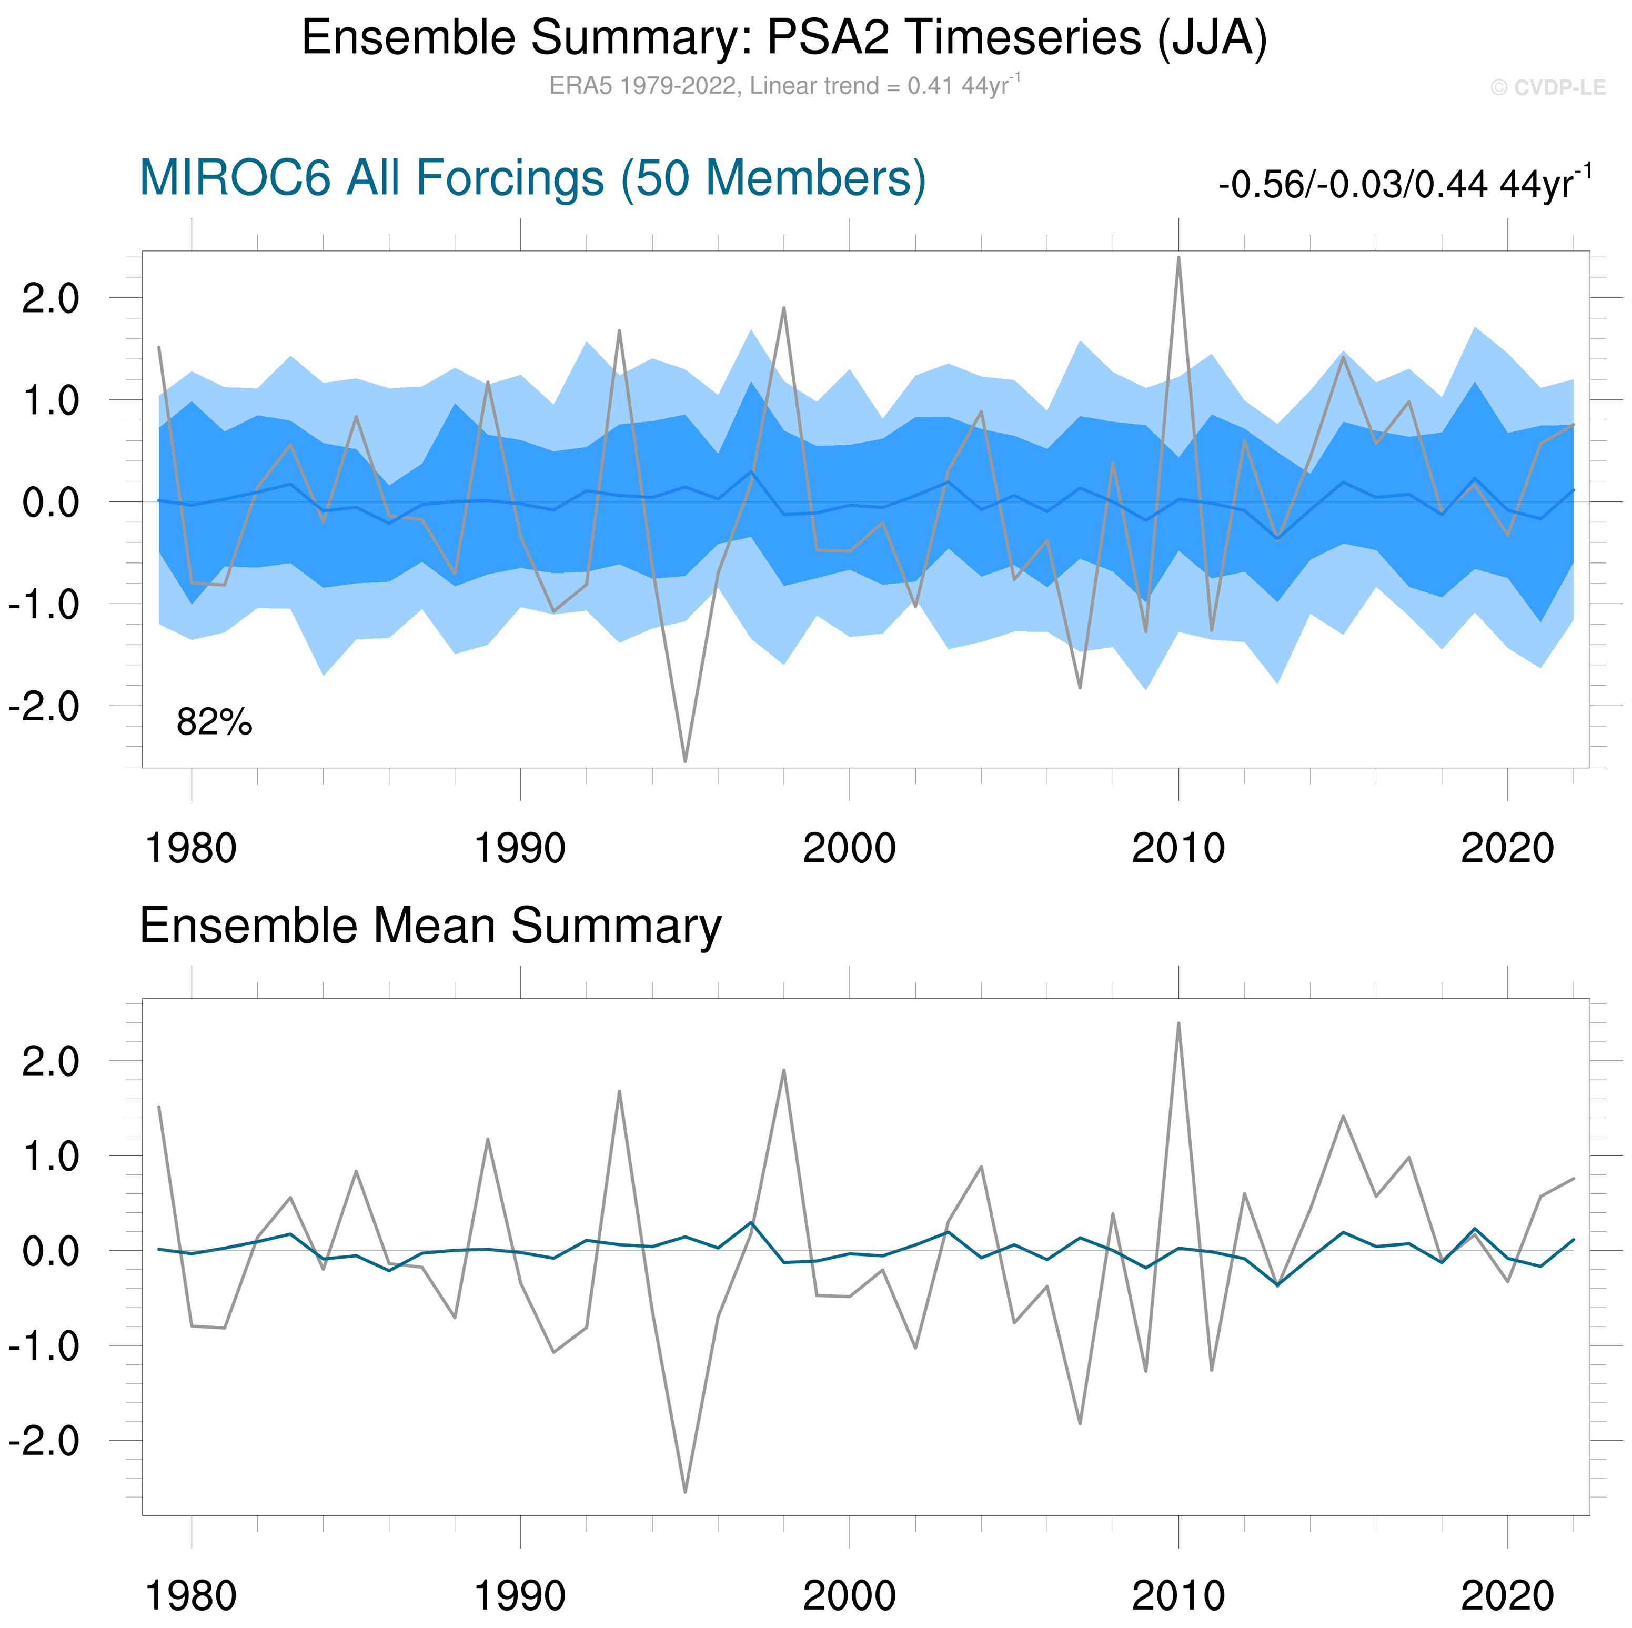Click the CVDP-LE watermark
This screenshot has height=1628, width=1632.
(x=1547, y=88)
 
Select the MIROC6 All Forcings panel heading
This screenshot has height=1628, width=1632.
(x=532, y=178)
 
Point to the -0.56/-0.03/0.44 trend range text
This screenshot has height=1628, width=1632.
(x=1404, y=183)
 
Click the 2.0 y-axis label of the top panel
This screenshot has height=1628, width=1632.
(x=51, y=298)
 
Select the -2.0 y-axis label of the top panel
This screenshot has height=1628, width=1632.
(x=44, y=706)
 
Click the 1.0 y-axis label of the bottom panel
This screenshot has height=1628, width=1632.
(x=51, y=1157)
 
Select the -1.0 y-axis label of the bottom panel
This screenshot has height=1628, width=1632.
(x=44, y=1346)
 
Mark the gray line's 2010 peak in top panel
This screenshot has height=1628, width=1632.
(x=1178, y=258)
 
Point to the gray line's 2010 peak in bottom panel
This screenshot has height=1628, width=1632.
(x=1178, y=1024)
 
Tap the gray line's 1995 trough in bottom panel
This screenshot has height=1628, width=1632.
(x=685, y=1492)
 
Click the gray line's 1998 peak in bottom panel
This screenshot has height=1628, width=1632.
(x=784, y=1070)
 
